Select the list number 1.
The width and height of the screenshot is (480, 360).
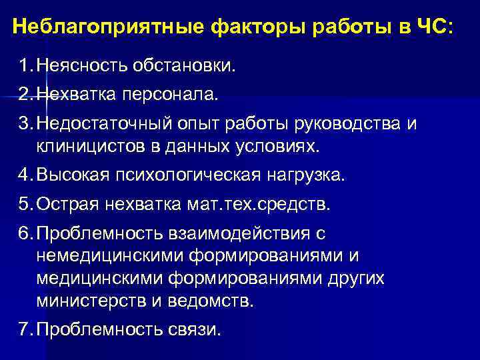click(x=25, y=67)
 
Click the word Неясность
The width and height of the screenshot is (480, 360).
click(x=83, y=67)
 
